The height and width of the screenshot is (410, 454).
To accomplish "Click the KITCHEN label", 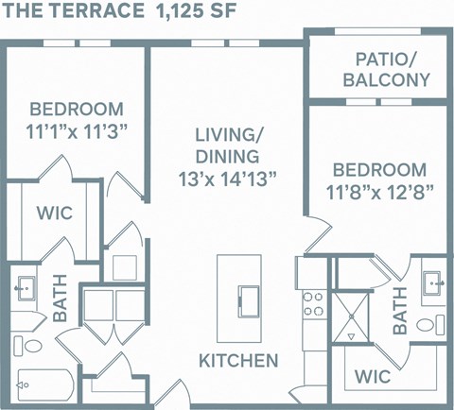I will click(238, 360).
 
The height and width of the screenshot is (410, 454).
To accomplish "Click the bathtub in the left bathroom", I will click(43, 384).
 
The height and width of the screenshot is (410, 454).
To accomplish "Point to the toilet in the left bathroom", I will click(26, 343).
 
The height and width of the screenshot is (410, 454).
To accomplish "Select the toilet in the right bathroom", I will click(430, 325).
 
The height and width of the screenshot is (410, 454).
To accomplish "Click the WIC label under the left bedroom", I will click(54, 213).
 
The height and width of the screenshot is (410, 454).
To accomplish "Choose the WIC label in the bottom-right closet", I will click(374, 376).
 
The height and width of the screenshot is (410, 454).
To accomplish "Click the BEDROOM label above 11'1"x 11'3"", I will click(76, 107).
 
